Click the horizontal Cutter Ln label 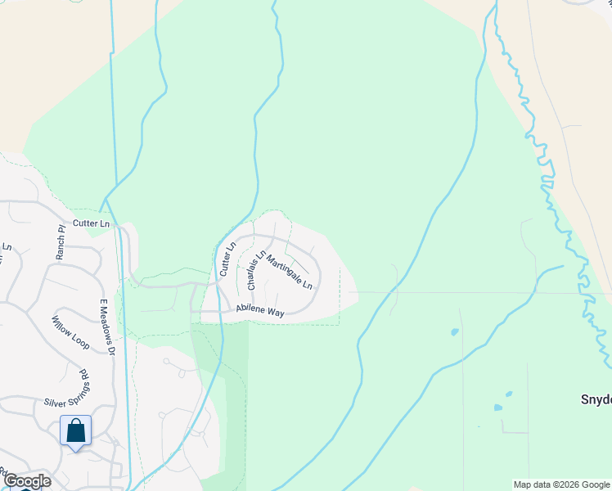(x=91, y=223)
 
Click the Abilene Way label (x=260, y=310)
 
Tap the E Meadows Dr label (x=106, y=327)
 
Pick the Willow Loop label (x=70, y=331)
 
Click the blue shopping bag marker (x=75, y=430)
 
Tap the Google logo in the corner (x=27, y=481)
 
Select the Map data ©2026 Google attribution (x=560, y=484)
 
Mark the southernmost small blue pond (x=497, y=407)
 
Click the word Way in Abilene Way (x=274, y=312)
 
